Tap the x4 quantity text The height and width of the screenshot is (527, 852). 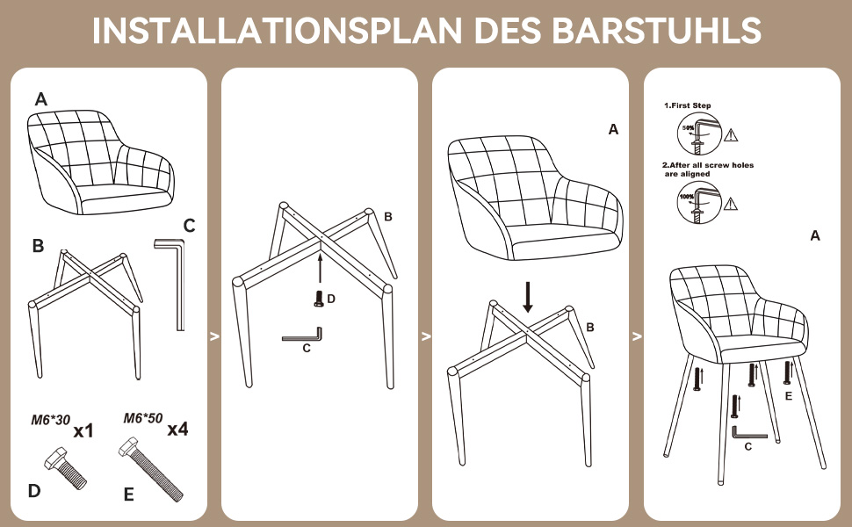click(177, 430)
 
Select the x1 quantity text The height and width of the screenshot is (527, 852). click(83, 431)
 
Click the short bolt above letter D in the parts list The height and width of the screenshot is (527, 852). click(63, 466)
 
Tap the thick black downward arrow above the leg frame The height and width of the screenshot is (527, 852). click(527, 297)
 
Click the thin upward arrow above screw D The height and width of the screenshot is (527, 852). click(320, 268)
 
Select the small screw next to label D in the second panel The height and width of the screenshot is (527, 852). click(319, 300)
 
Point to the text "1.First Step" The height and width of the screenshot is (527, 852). click(687, 105)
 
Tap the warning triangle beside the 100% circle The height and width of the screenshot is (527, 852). click(731, 204)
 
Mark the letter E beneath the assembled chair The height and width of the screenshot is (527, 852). click(788, 396)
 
